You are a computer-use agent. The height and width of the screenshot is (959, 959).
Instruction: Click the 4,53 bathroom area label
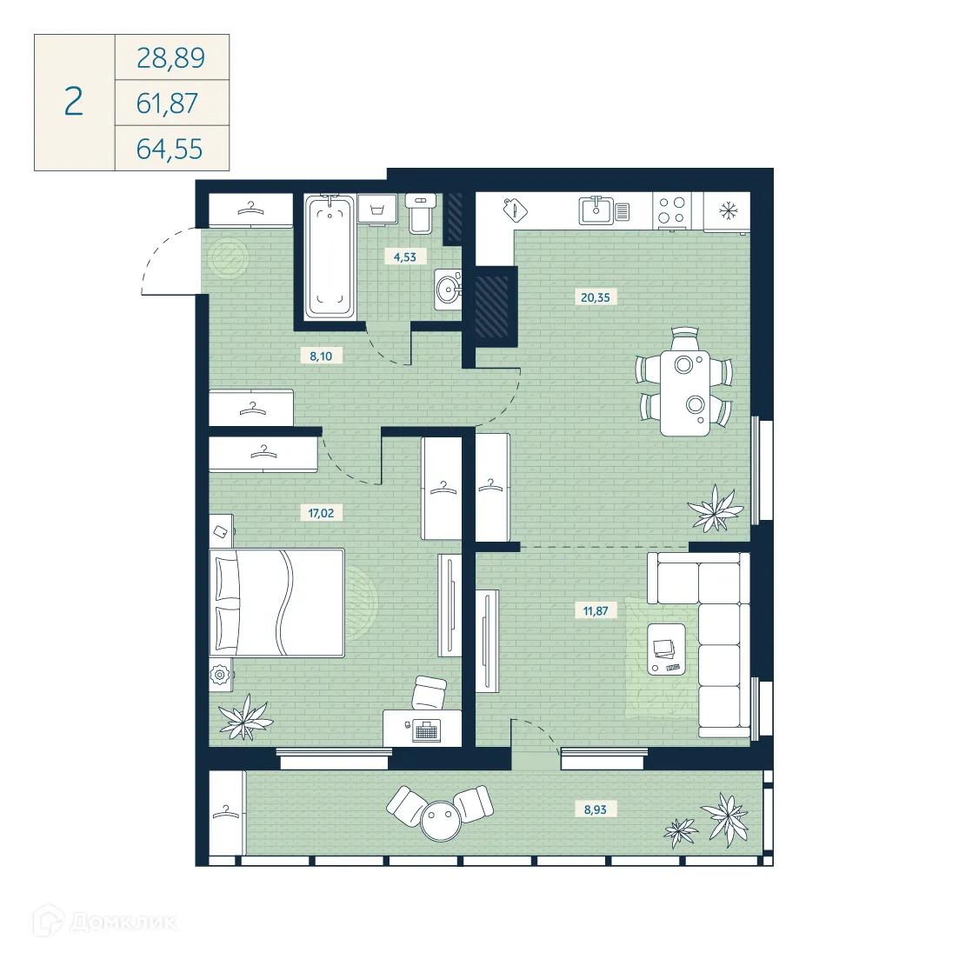[405, 257]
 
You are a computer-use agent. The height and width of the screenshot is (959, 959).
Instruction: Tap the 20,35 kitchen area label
[596, 297]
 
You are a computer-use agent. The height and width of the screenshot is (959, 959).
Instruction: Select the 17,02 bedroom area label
[321, 513]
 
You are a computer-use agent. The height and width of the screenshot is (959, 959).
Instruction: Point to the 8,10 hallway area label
[321, 356]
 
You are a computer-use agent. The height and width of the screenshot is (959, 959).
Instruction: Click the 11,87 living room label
[596, 611]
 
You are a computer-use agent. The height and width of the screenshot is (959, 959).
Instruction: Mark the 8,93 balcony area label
[596, 809]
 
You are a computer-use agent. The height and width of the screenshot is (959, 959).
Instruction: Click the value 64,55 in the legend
[170, 149]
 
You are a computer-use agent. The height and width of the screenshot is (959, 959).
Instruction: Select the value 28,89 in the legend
[170, 58]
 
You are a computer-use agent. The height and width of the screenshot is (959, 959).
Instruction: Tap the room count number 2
[74, 103]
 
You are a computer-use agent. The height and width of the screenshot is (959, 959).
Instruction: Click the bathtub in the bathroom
[330, 256]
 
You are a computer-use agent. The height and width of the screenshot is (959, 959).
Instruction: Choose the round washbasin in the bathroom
[449, 289]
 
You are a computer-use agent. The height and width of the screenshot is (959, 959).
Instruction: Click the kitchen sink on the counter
[597, 210]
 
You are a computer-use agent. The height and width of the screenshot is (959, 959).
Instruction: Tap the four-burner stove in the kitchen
[671, 210]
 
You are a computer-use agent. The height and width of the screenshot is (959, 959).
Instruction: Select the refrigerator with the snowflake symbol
[726, 210]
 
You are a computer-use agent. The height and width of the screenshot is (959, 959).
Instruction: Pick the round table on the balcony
[441, 818]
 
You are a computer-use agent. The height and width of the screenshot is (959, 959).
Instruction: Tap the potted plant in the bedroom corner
[244, 716]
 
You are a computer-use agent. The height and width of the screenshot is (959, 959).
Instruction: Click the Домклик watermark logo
[104, 922]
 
